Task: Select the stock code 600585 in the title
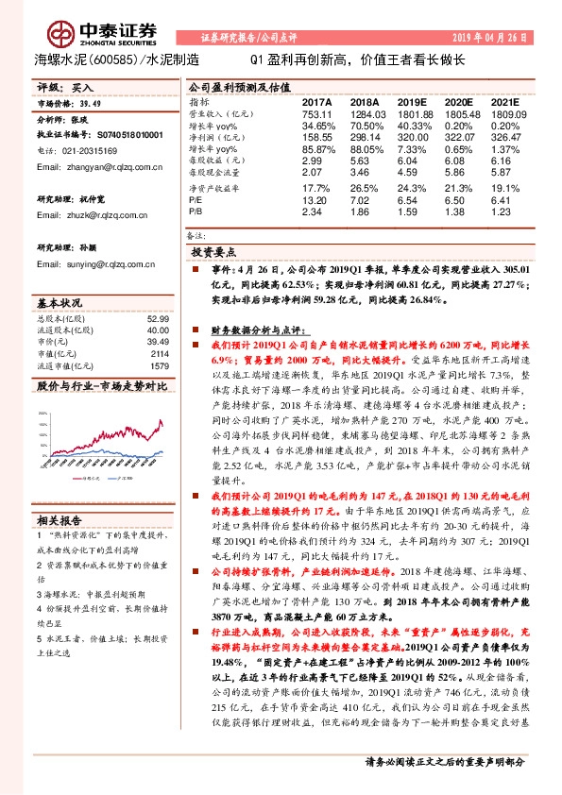point(120,59)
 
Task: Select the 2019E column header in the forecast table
point(413,101)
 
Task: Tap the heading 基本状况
point(59,303)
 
